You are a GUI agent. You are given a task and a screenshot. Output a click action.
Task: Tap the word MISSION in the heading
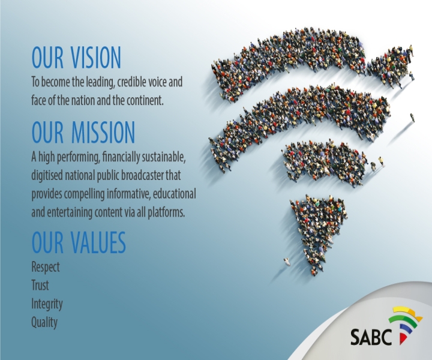(x=103, y=132)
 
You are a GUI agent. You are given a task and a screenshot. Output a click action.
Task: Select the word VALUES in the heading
(x=98, y=242)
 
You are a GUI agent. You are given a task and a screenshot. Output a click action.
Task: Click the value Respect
(x=46, y=267)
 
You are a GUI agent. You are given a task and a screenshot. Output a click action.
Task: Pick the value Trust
(x=40, y=285)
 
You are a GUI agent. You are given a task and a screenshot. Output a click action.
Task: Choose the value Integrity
(x=47, y=304)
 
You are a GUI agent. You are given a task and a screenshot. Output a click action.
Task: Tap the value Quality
(x=44, y=322)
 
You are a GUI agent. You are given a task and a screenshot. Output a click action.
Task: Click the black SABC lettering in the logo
(x=371, y=337)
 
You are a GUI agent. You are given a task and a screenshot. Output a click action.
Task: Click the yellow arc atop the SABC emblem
(x=408, y=312)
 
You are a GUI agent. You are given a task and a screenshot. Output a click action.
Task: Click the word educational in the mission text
(x=175, y=194)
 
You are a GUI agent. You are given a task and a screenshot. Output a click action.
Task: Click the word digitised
(x=47, y=175)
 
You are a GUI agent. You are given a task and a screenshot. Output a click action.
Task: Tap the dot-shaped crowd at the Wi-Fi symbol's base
(x=318, y=232)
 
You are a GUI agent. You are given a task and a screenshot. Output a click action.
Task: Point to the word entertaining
(x=70, y=212)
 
